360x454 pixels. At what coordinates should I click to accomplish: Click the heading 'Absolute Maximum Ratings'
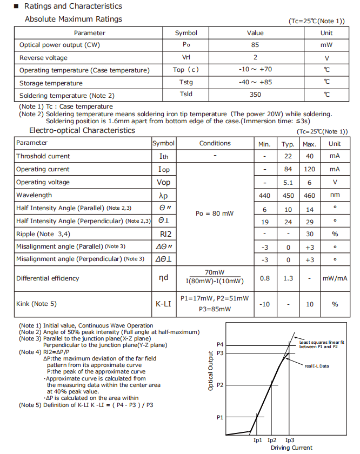point(74,19)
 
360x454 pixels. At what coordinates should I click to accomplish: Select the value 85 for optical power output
point(255,45)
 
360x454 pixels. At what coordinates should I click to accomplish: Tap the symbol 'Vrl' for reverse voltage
point(186,57)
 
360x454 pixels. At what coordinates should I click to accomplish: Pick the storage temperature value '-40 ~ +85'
point(255,82)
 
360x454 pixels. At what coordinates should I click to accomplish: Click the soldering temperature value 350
point(255,95)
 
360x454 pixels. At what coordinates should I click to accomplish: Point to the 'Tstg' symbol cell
point(186,82)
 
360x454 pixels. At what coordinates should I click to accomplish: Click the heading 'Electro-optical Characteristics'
point(82,130)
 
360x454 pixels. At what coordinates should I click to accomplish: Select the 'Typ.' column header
point(288,144)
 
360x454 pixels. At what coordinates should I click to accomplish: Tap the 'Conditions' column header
point(215,143)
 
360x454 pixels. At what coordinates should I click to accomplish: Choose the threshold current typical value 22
point(288,156)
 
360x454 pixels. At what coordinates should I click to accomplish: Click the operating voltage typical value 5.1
point(288,182)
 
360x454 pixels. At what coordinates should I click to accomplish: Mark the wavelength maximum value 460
point(309,195)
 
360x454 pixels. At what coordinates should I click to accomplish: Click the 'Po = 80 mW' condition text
point(215,213)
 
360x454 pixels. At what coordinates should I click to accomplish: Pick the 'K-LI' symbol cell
point(163,304)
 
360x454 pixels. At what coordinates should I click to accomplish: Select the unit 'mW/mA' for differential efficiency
point(335,278)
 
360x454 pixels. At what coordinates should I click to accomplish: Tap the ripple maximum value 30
point(309,234)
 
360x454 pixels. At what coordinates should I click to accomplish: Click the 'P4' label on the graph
point(220,344)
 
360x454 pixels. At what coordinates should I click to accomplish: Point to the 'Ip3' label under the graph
point(290,440)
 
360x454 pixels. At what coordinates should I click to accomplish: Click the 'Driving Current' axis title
point(291,448)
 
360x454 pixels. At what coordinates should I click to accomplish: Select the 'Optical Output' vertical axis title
point(211,371)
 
